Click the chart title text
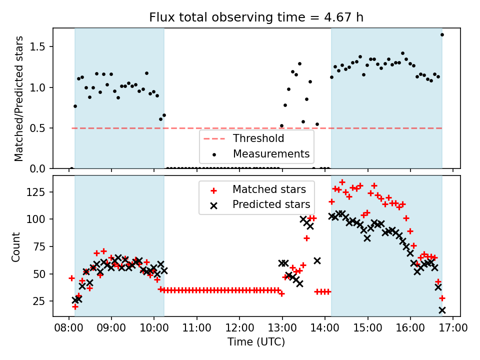coord(256,17)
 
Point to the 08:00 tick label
coord(68,328)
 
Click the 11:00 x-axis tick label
coord(197,328)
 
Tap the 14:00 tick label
coord(325,328)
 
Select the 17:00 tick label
coord(453,328)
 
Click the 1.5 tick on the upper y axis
coord(37,47)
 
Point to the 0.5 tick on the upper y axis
coord(37,128)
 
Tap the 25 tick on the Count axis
coord(39,301)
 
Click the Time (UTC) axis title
coord(256,341)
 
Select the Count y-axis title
coord(15,247)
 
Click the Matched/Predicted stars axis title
coord(18,98)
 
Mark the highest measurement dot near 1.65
coord(442,35)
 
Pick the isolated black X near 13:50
coord(317,261)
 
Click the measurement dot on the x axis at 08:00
coord(71,168)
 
